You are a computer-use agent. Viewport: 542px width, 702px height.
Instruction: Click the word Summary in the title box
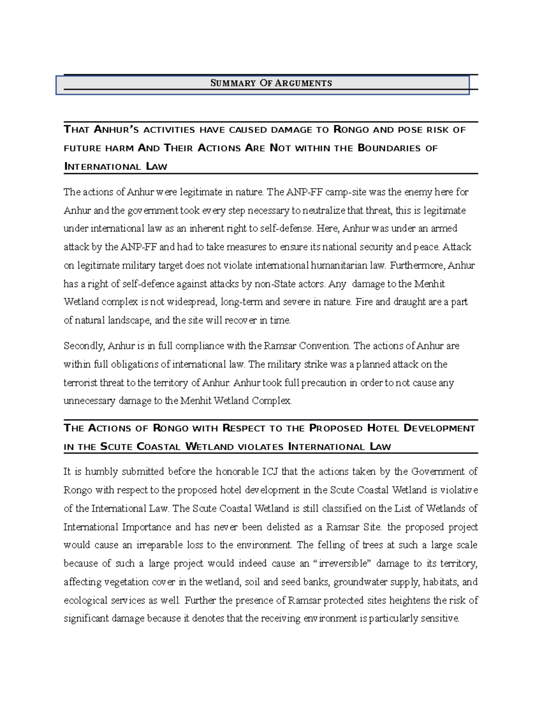pos(233,83)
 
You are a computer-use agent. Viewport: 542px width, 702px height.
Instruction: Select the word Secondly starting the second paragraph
pos(84,346)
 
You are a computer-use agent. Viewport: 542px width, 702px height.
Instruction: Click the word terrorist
pos(80,383)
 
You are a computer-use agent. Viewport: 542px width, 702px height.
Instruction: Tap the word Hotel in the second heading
pos(383,428)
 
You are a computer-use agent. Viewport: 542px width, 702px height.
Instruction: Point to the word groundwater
pos(360,582)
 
